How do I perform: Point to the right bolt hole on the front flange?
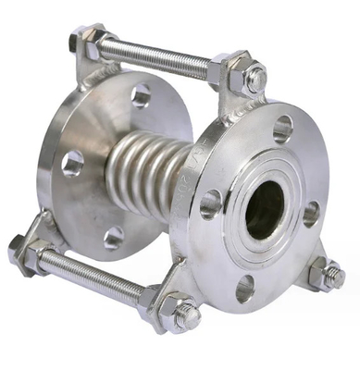tap(311, 214)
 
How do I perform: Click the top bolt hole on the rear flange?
tap(141, 95)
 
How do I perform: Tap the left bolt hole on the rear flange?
tap(72, 164)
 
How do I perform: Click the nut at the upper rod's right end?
tap(255, 79)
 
